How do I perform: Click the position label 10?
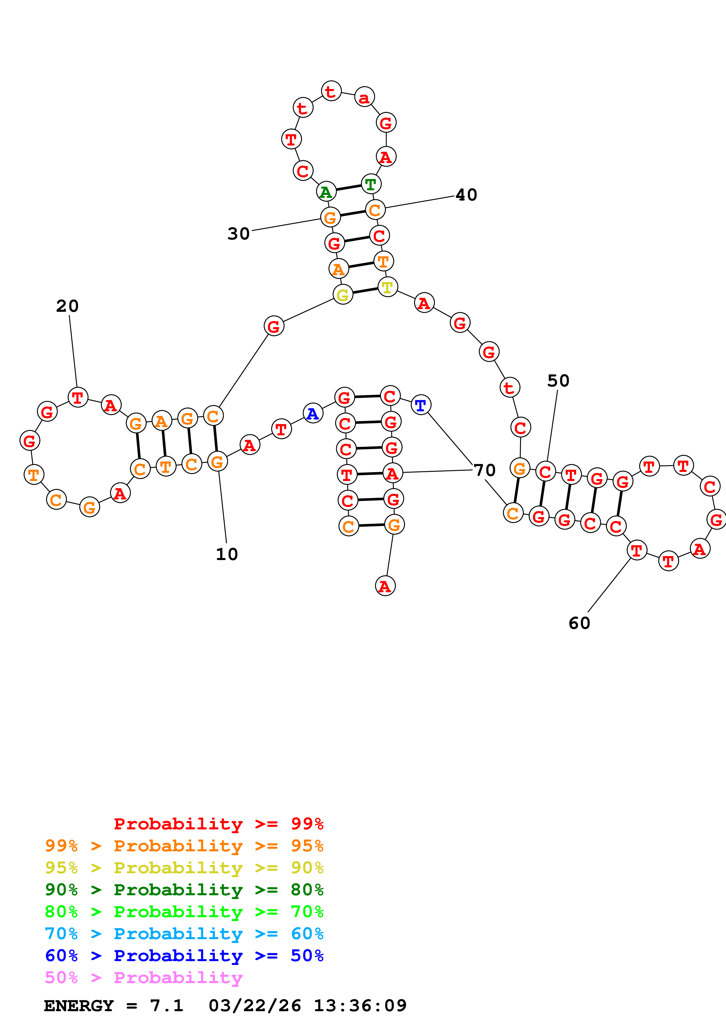click(x=227, y=554)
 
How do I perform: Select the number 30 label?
click(x=238, y=234)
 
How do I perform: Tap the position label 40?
click(x=466, y=195)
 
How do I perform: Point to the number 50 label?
click(x=558, y=381)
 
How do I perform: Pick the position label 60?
click(x=579, y=623)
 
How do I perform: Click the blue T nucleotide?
click(x=421, y=405)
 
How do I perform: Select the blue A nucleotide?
click(x=313, y=413)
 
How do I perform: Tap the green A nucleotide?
click(x=326, y=192)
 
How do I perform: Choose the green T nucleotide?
click(x=370, y=184)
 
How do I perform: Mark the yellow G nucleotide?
click(x=343, y=295)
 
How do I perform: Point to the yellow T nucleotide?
click(x=387, y=287)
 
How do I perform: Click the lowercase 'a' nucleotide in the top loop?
click(x=365, y=97)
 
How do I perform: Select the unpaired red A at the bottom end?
click(x=385, y=586)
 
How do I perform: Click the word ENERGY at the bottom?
click(x=79, y=1006)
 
